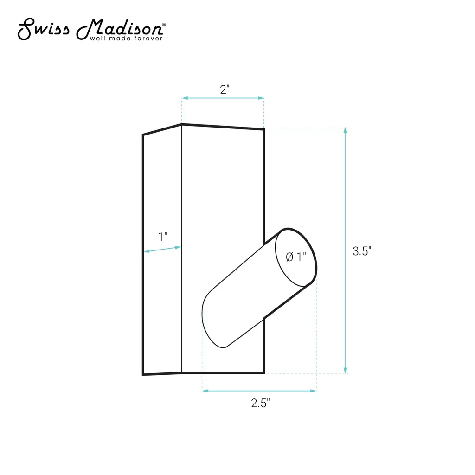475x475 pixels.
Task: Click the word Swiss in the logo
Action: (44, 29)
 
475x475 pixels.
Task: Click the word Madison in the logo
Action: (120, 29)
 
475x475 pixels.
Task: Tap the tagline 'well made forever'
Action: (126, 39)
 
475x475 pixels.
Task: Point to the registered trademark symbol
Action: (164, 25)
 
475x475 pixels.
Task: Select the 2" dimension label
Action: (225, 90)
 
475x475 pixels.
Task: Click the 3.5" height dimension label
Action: (362, 251)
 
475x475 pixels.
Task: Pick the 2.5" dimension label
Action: (260, 403)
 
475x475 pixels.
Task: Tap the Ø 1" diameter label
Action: (296, 257)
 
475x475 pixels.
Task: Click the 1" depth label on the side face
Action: (163, 237)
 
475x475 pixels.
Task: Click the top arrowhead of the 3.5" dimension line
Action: (345, 130)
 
